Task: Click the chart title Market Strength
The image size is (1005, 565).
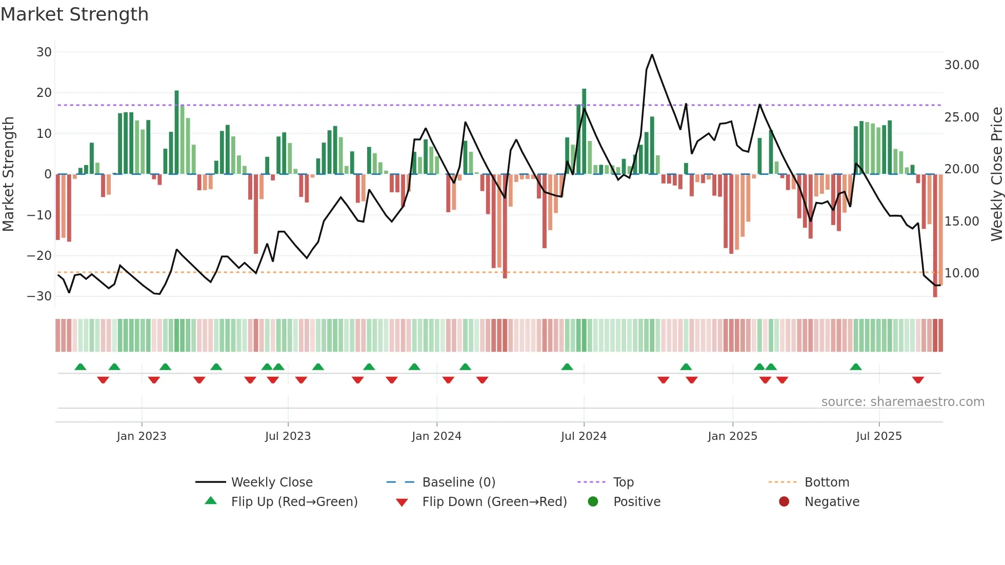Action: [74, 14]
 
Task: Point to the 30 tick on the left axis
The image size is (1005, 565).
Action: [44, 52]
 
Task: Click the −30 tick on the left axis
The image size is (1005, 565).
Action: [39, 296]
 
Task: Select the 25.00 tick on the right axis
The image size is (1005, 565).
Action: [961, 117]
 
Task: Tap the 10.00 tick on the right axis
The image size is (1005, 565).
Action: [961, 273]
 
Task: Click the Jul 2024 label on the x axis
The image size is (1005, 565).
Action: [584, 436]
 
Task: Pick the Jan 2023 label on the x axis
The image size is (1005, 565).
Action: [142, 436]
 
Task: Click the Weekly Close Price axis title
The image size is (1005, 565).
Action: [996, 174]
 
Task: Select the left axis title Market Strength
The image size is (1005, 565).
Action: [9, 174]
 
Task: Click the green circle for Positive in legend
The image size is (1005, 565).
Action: [593, 502]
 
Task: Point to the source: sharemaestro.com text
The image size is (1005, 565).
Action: [902, 402]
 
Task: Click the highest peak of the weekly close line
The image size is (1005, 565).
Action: [652, 55]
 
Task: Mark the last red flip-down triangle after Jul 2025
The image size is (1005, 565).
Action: [918, 380]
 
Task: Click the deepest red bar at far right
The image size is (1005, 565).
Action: [935, 236]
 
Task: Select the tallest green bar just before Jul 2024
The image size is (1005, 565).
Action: [584, 131]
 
